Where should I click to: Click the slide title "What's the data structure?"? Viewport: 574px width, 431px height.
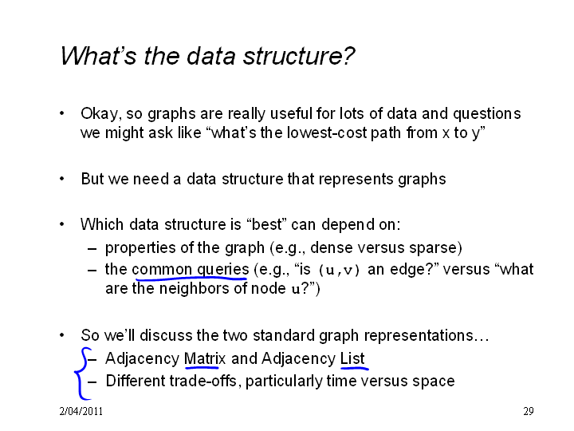[x=207, y=56]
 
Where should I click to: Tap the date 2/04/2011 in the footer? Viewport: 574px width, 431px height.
[x=81, y=411]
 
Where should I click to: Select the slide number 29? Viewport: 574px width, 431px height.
[x=529, y=411]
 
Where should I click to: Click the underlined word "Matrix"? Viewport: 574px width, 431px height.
[x=205, y=358]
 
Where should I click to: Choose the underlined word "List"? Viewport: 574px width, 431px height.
[x=352, y=358]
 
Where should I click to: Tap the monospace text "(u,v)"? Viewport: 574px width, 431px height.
[x=340, y=270]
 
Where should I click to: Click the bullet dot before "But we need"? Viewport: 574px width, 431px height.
[x=62, y=180]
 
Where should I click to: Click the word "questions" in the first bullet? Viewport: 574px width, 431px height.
[x=486, y=114]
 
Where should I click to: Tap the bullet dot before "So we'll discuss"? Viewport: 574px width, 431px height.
[x=62, y=335]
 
